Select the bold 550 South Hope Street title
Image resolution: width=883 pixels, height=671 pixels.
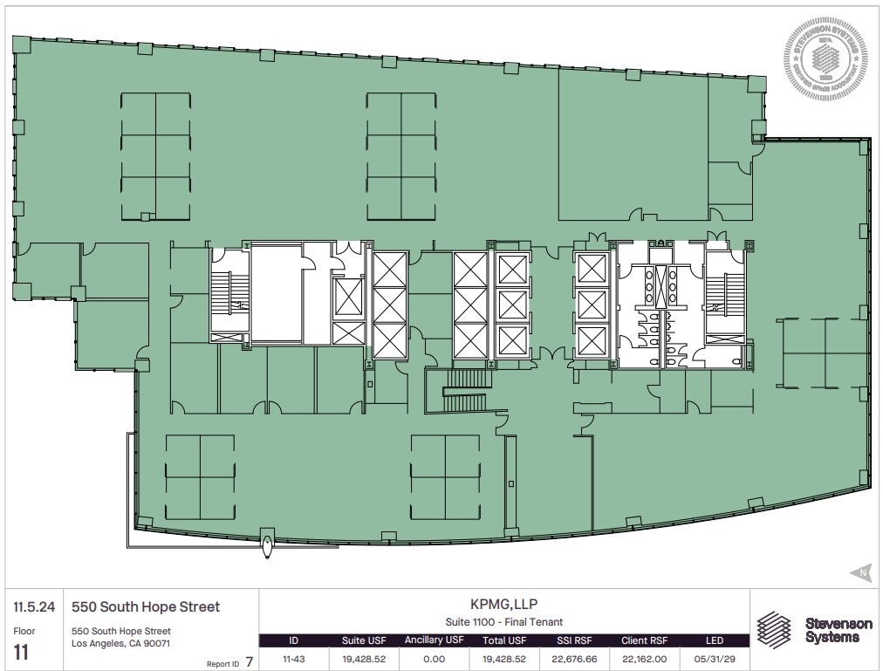coord(145,606)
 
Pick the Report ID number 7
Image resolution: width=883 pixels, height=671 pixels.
coord(250,661)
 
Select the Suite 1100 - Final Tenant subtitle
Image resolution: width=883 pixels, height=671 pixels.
coord(504,622)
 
